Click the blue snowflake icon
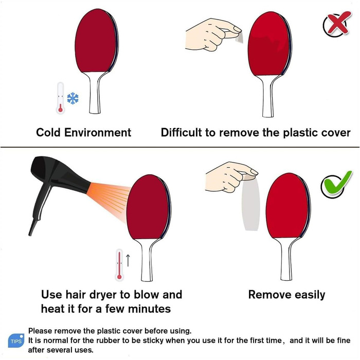[73, 98]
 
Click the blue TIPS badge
[16, 340]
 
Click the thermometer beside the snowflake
[60, 98]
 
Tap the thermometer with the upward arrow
[119, 265]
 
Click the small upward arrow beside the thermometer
[128, 260]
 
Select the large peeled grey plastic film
[251, 204]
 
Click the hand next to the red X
[212, 34]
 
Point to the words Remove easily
[286, 295]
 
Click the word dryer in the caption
[104, 295]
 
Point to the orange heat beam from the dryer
[108, 200]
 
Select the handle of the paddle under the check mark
[286, 259]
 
